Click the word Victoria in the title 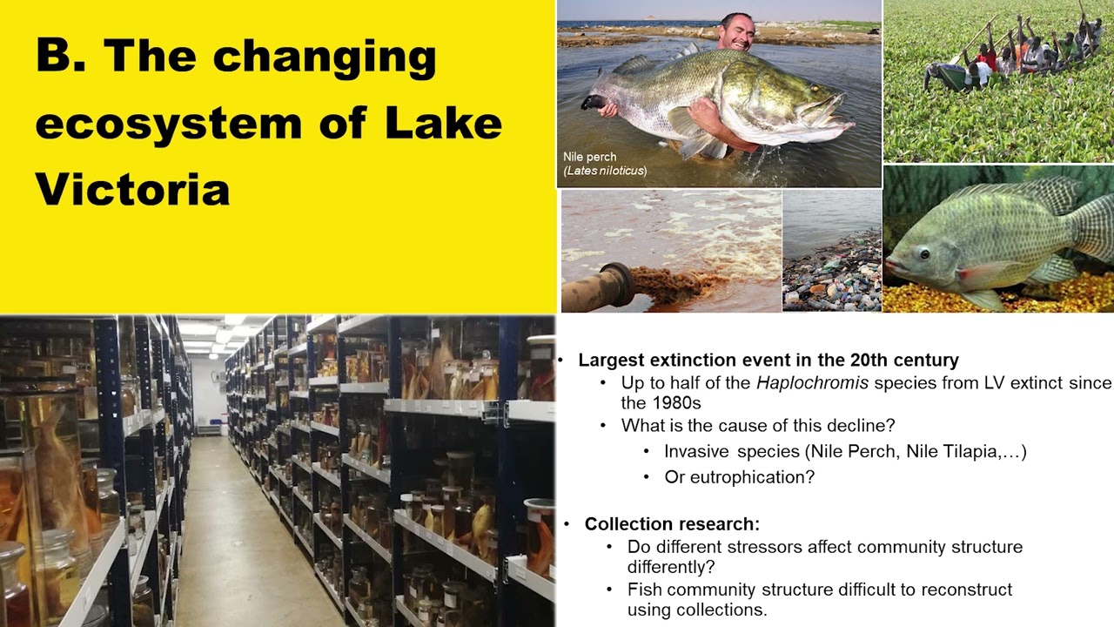coord(132,188)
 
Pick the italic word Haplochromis coord(802,383)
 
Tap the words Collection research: coord(672,524)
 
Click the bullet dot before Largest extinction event coord(562,361)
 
